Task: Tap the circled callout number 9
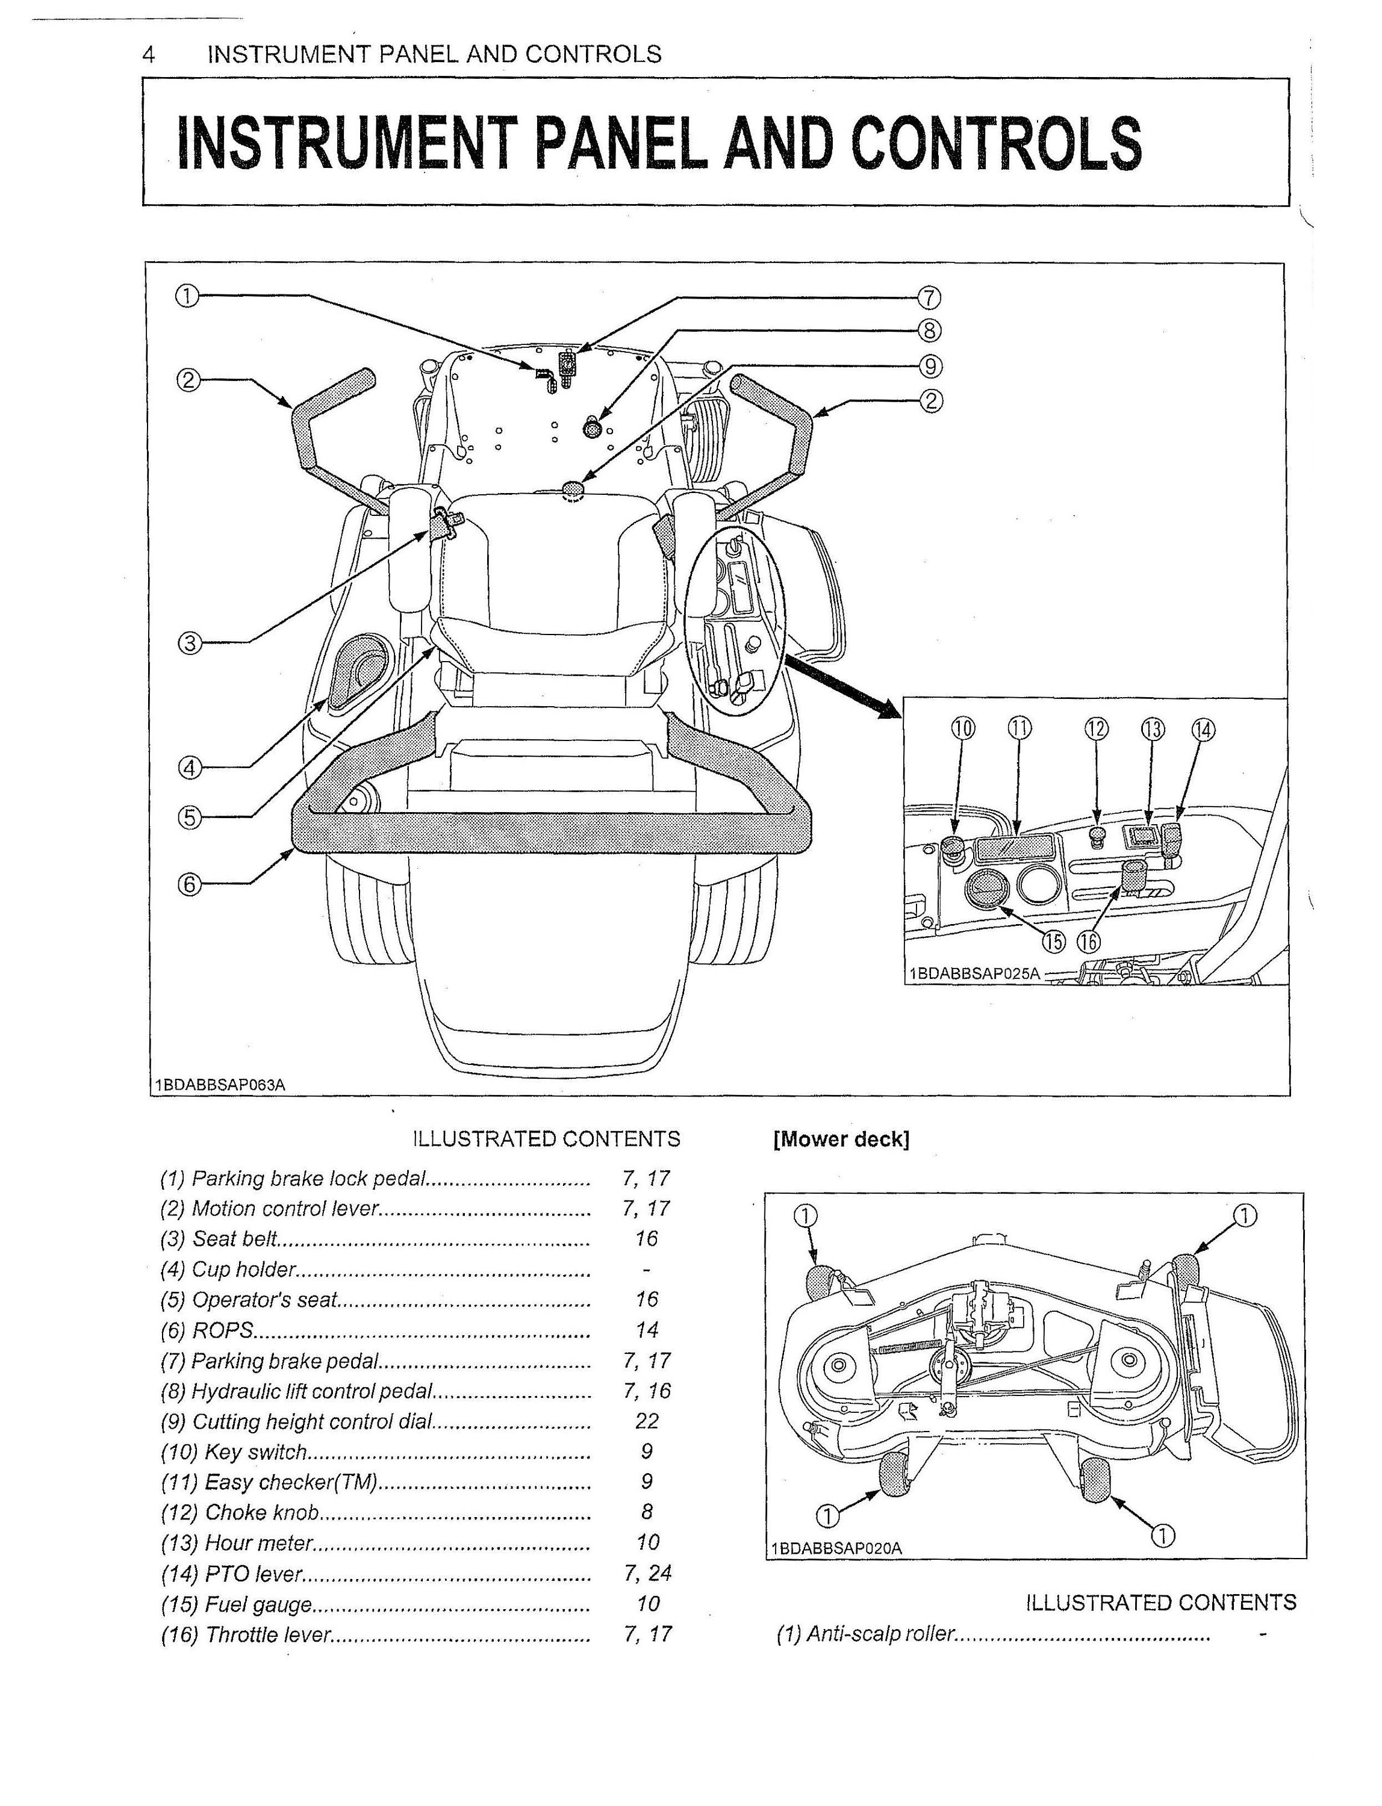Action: (930, 366)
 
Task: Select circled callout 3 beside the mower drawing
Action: (190, 642)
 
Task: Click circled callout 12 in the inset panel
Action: (1097, 728)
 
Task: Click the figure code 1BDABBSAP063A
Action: (220, 1085)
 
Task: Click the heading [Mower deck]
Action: (841, 1140)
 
